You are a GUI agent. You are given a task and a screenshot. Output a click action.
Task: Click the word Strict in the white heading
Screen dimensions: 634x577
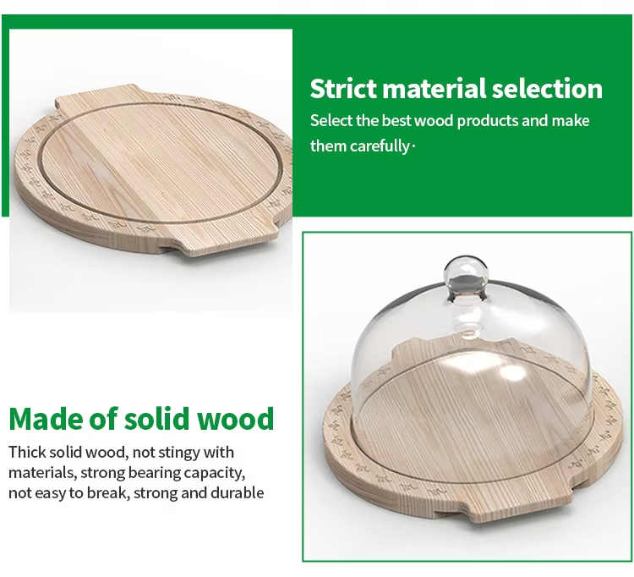tap(343, 88)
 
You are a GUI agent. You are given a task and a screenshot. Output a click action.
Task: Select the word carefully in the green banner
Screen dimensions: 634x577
tap(380, 146)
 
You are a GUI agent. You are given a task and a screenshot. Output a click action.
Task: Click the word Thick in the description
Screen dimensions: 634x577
tap(28, 453)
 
